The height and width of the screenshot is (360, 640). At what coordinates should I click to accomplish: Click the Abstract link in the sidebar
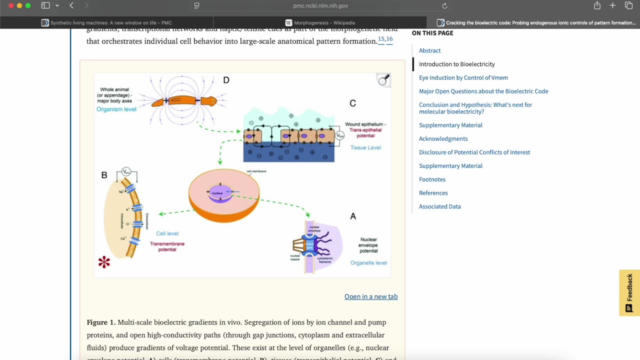tap(429, 50)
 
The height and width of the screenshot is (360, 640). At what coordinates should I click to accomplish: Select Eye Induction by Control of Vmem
tap(463, 77)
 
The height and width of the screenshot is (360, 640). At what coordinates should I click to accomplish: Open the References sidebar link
tap(433, 193)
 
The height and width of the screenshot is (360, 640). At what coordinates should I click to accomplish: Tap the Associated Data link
tap(439, 206)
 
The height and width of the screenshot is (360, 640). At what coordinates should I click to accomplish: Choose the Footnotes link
tap(432, 179)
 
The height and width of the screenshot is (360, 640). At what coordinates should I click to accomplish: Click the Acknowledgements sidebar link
tap(443, 139)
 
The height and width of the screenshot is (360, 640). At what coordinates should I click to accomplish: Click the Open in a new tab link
tap(370, 296)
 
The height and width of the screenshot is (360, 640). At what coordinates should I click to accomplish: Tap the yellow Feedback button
tap(629, 293)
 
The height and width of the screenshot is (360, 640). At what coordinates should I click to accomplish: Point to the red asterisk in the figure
tap(104, 262)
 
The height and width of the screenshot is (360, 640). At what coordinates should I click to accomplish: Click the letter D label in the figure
tap(226, 80)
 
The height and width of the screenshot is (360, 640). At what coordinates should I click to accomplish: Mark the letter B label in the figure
tap(104, 175)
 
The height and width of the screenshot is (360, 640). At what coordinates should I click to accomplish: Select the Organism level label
tap(116, 109)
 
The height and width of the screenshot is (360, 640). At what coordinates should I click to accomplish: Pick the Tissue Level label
tap(365, 147)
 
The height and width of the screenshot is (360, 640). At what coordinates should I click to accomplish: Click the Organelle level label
tap(368, 263)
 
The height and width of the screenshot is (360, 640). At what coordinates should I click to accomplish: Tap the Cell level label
tap(167, 233)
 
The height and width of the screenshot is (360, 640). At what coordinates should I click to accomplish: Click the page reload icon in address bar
tap(444, 6)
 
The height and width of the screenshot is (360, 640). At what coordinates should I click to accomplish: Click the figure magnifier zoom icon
tap(383, 80)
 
